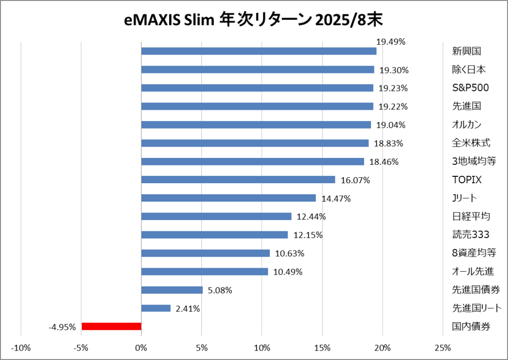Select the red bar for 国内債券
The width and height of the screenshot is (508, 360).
click(112, 326)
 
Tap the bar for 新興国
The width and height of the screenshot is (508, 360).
click(258, 51)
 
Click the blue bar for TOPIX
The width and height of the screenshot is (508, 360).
click(238, 180)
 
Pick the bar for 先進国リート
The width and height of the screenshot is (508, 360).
click(156, 308)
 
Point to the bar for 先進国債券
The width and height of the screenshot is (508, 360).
click(172, 290)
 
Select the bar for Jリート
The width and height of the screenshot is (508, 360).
click(228, 198)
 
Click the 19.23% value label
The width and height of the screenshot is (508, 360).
click(393, 88)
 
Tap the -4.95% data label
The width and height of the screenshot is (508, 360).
click(62, 327)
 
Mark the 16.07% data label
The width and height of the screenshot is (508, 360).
click(355, 180)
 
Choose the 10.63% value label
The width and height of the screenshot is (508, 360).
click(289, 254)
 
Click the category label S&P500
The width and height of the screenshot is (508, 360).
click(470, 88)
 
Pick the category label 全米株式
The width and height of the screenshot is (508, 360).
click(471, 143)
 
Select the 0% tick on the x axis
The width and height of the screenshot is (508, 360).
click(141, 347)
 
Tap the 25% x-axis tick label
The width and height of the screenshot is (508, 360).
click(443, 347)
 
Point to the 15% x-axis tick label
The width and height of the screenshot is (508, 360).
click(322, 347)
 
